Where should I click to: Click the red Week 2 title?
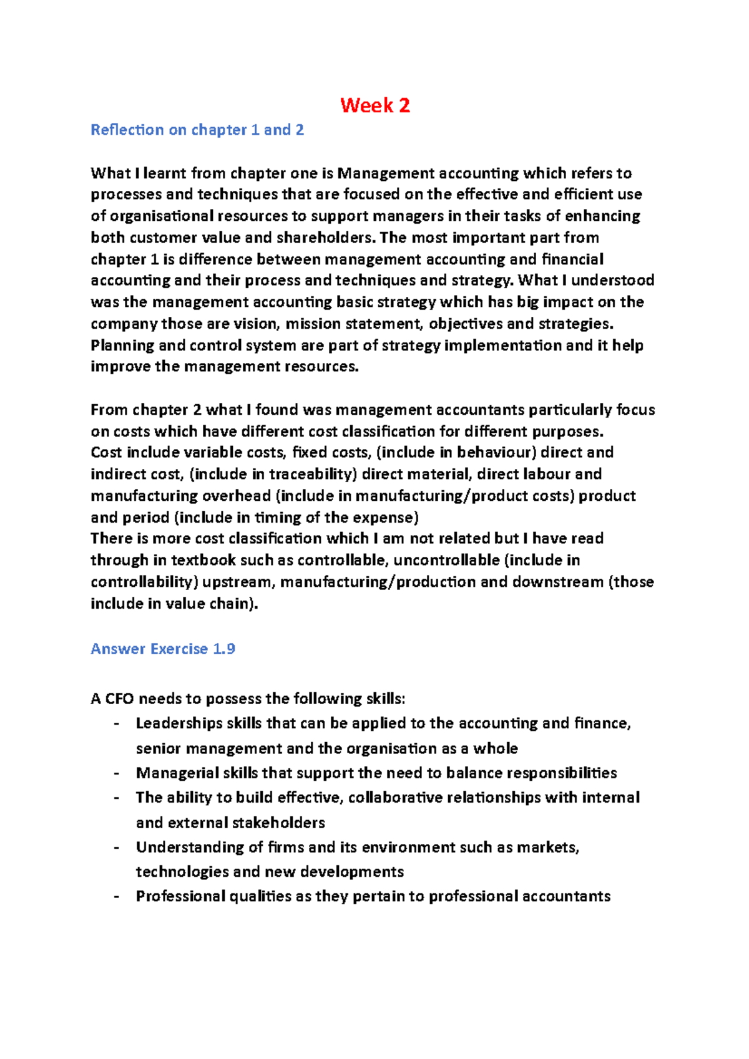coord(375,105)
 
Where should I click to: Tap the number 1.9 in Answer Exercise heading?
coord(224,649)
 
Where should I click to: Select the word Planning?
coord(122,346)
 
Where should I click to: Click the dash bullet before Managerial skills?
coord(116,773)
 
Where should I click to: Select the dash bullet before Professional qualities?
coord(116,896)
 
